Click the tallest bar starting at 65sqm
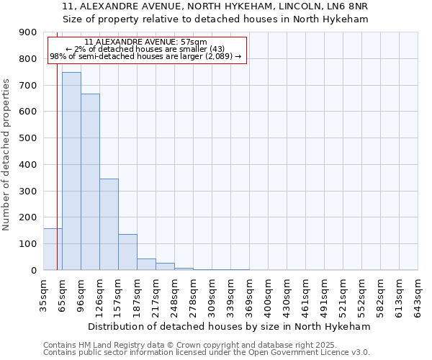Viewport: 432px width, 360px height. [x=71, y=171]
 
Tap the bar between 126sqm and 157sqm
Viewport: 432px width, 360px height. [x=109, y=224]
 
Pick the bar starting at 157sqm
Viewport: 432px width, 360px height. [x=127, y=252]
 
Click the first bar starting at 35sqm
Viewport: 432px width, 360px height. [x=53, y=249]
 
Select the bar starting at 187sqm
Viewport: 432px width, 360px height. [x=146, y=264]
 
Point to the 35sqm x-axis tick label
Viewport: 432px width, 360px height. [x=43, y=295]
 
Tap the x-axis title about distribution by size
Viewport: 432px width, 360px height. [x=230, y=326]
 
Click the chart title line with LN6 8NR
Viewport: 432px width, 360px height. [x=215, y=6]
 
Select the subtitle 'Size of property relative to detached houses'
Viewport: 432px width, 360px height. [x=215, y=19]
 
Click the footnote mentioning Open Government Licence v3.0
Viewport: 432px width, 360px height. [x=207, y=353]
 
